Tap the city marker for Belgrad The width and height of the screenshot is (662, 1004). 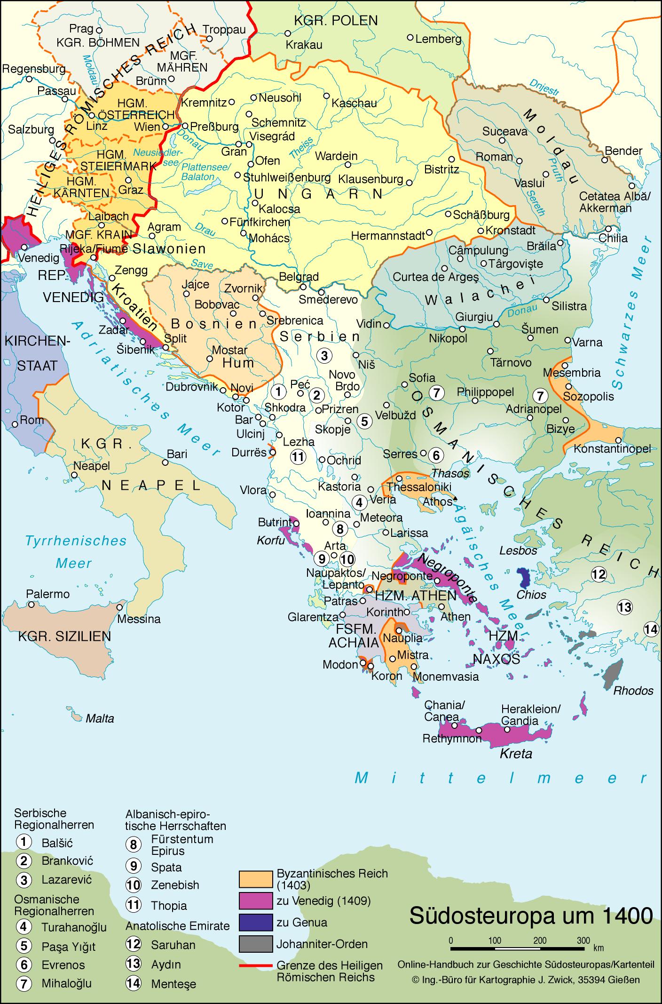point(303,287)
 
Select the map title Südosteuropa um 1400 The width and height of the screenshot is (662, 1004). point(531,916)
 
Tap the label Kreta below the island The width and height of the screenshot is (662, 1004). point(516,753)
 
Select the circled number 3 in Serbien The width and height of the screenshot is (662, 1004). point(324,356)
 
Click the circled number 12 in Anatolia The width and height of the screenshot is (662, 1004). point(599,574)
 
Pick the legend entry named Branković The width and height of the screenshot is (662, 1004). point(67,861)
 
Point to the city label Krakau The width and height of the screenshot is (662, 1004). point(305,45)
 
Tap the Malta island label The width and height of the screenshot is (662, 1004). point(100,718)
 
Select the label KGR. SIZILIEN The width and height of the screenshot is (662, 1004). point(64,637)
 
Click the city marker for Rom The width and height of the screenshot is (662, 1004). point(15,424)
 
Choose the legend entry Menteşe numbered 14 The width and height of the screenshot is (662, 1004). point(173,984)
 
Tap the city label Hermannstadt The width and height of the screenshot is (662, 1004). point(388,236)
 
